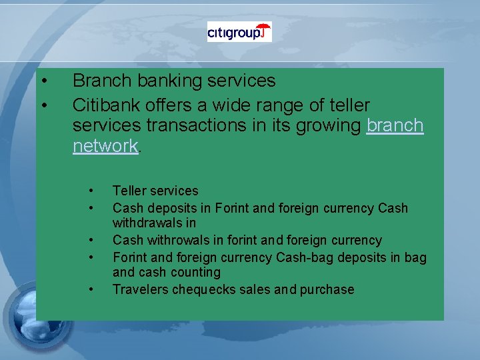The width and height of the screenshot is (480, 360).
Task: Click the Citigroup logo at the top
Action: tap(239, 32)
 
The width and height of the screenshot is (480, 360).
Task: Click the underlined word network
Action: tap(105, 146)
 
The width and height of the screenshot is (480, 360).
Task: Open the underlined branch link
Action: tap(395, 125)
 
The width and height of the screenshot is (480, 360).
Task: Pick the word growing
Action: tap(327, 125)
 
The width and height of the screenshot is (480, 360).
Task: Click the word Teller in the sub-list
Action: tap(130, 191)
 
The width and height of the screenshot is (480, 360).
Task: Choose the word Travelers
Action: tap(140, 289)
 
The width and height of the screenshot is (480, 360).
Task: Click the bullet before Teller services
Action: tap(91, 191)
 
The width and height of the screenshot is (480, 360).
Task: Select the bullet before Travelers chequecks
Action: tap(91, 289)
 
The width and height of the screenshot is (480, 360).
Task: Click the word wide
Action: tap(225, 105)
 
